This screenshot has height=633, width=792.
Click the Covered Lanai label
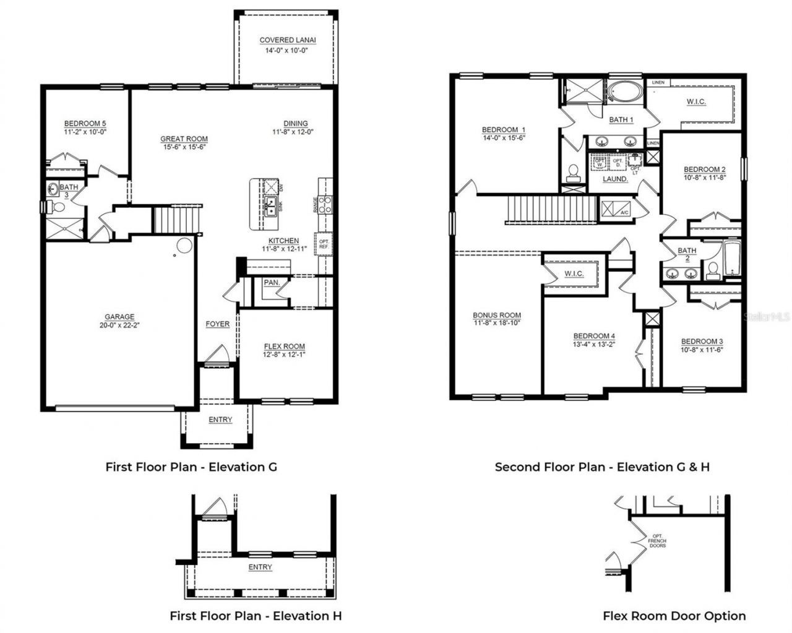(x=287, y=40)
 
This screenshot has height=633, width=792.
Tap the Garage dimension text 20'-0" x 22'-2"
(x=119, y=325)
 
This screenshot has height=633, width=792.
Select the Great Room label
(x=184, y=139)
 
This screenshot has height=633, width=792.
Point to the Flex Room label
(x=284, y=347)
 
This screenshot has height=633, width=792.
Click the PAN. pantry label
(x=272, y=283)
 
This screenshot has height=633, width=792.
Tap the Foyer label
(x=217, y=324)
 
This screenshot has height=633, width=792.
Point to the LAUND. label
(x=615, y=179)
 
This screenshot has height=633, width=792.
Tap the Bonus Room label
(x=497, y=315)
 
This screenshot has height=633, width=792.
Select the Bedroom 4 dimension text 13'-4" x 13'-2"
(x=593, y=345)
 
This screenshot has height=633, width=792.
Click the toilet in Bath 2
(x=712, y=270)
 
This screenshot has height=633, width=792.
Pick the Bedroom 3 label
(x=702, y=342)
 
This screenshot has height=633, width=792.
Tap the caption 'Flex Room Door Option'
(x=674, y=616)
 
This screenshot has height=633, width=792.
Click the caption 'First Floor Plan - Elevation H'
(x=256, y=616)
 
